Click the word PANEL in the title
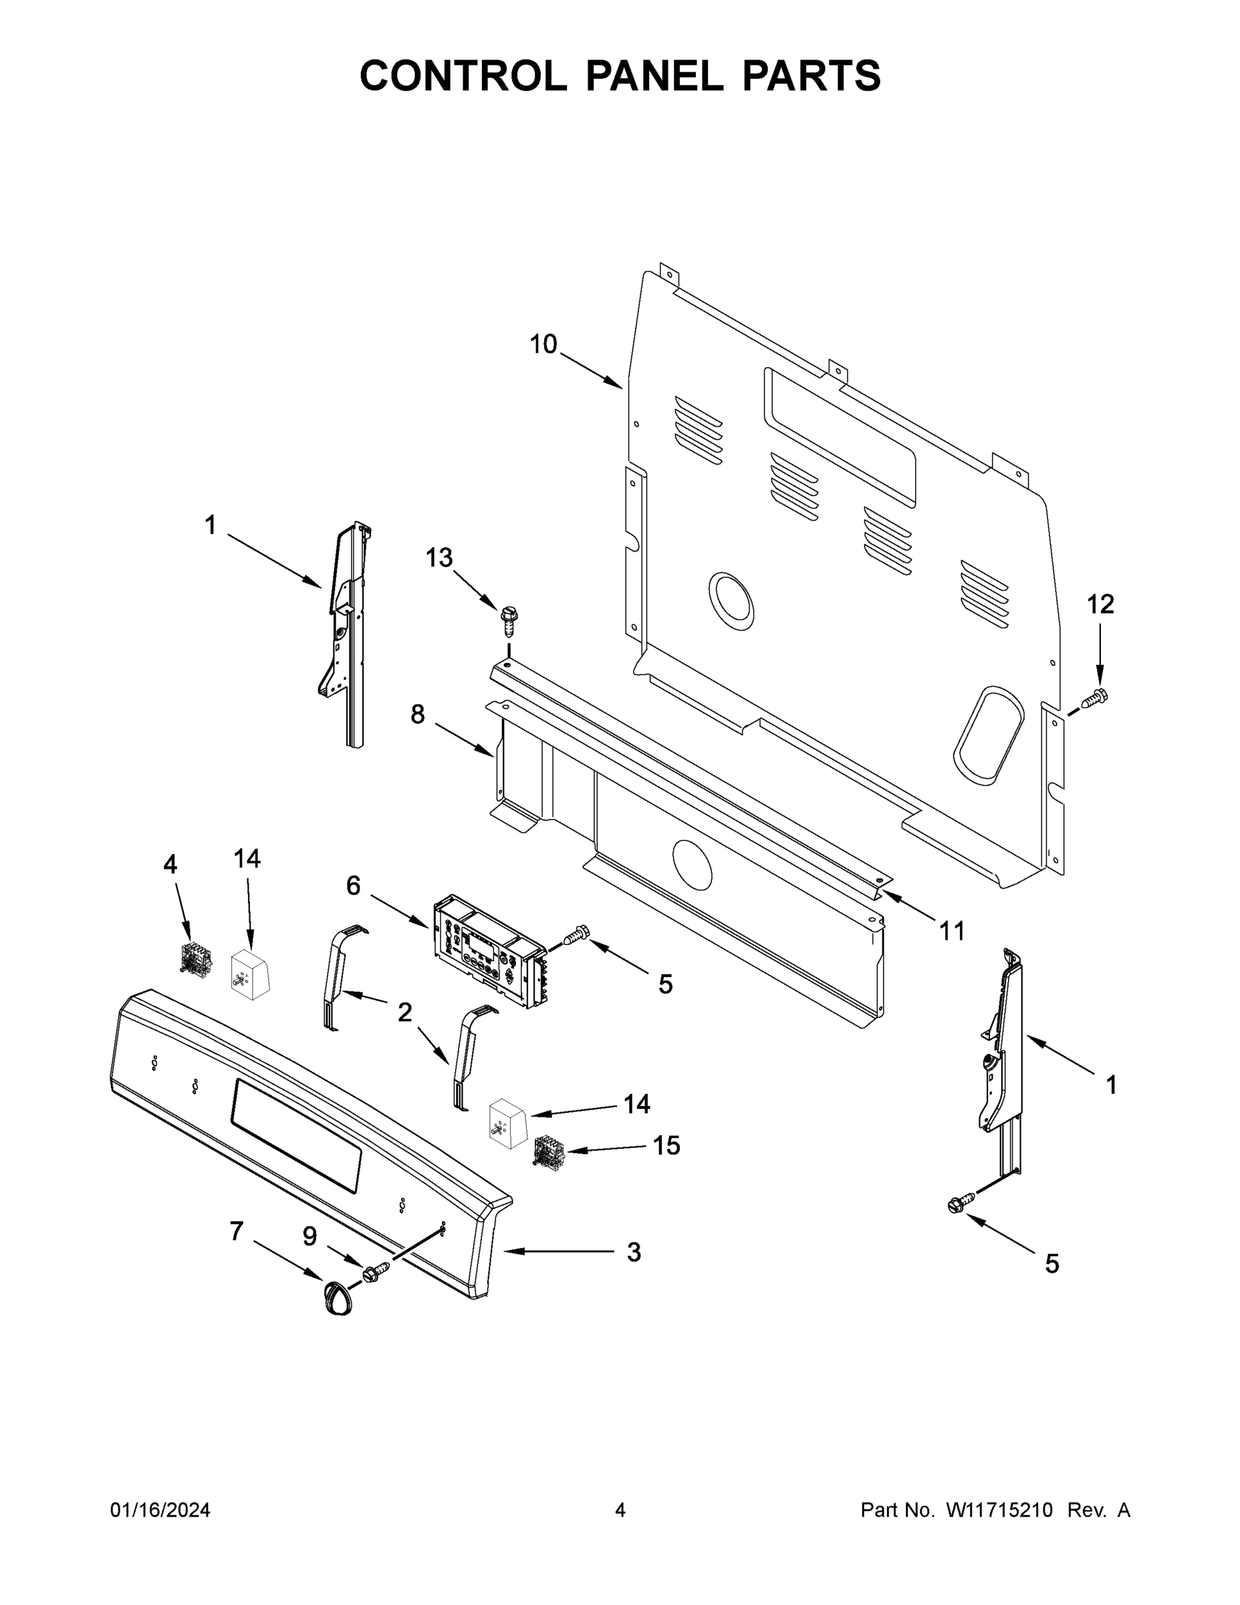(x=654, y=76)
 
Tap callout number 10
(x=543, y=344)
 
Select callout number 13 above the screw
(x=439, y=558)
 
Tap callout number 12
(x=1100, y=604)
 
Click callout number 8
(x=417, y=714)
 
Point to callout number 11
(x=952, y=931)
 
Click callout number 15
(x=667, y=1145)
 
